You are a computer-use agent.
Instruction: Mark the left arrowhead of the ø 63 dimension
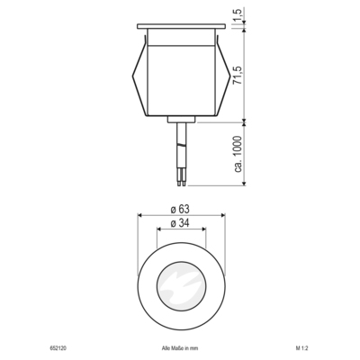[139, 216]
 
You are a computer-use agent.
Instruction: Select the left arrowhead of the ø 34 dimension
[159, 229]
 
